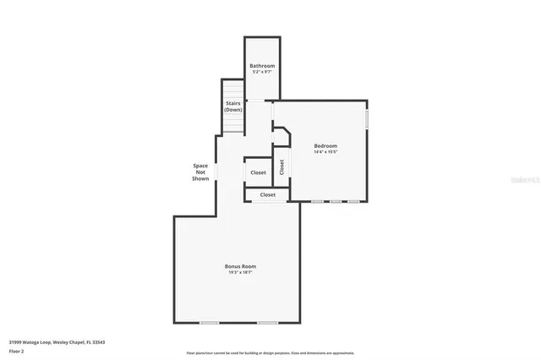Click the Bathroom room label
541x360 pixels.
(262, 66)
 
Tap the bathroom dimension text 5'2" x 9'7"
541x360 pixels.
(262, 72)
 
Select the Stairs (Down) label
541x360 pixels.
(233, 106)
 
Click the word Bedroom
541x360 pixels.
(325, 146)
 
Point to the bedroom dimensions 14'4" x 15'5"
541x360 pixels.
(325, 152)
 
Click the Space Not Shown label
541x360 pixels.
(200, 172)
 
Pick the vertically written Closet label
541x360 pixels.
(281, 167)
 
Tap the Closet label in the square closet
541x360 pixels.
(258, 172)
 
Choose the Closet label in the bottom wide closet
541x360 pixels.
(267, 195)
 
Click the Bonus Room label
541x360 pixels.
(240, 266)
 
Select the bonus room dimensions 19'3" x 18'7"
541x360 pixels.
(240, 272)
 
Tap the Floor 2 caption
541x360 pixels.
(17, 351)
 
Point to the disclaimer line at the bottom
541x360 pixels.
(270, 352)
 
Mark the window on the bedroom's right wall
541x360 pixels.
(367, 119)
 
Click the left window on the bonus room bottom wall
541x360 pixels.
(209, 323)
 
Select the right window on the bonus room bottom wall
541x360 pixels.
(267, 323)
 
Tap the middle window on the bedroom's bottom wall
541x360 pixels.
(336, 202)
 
